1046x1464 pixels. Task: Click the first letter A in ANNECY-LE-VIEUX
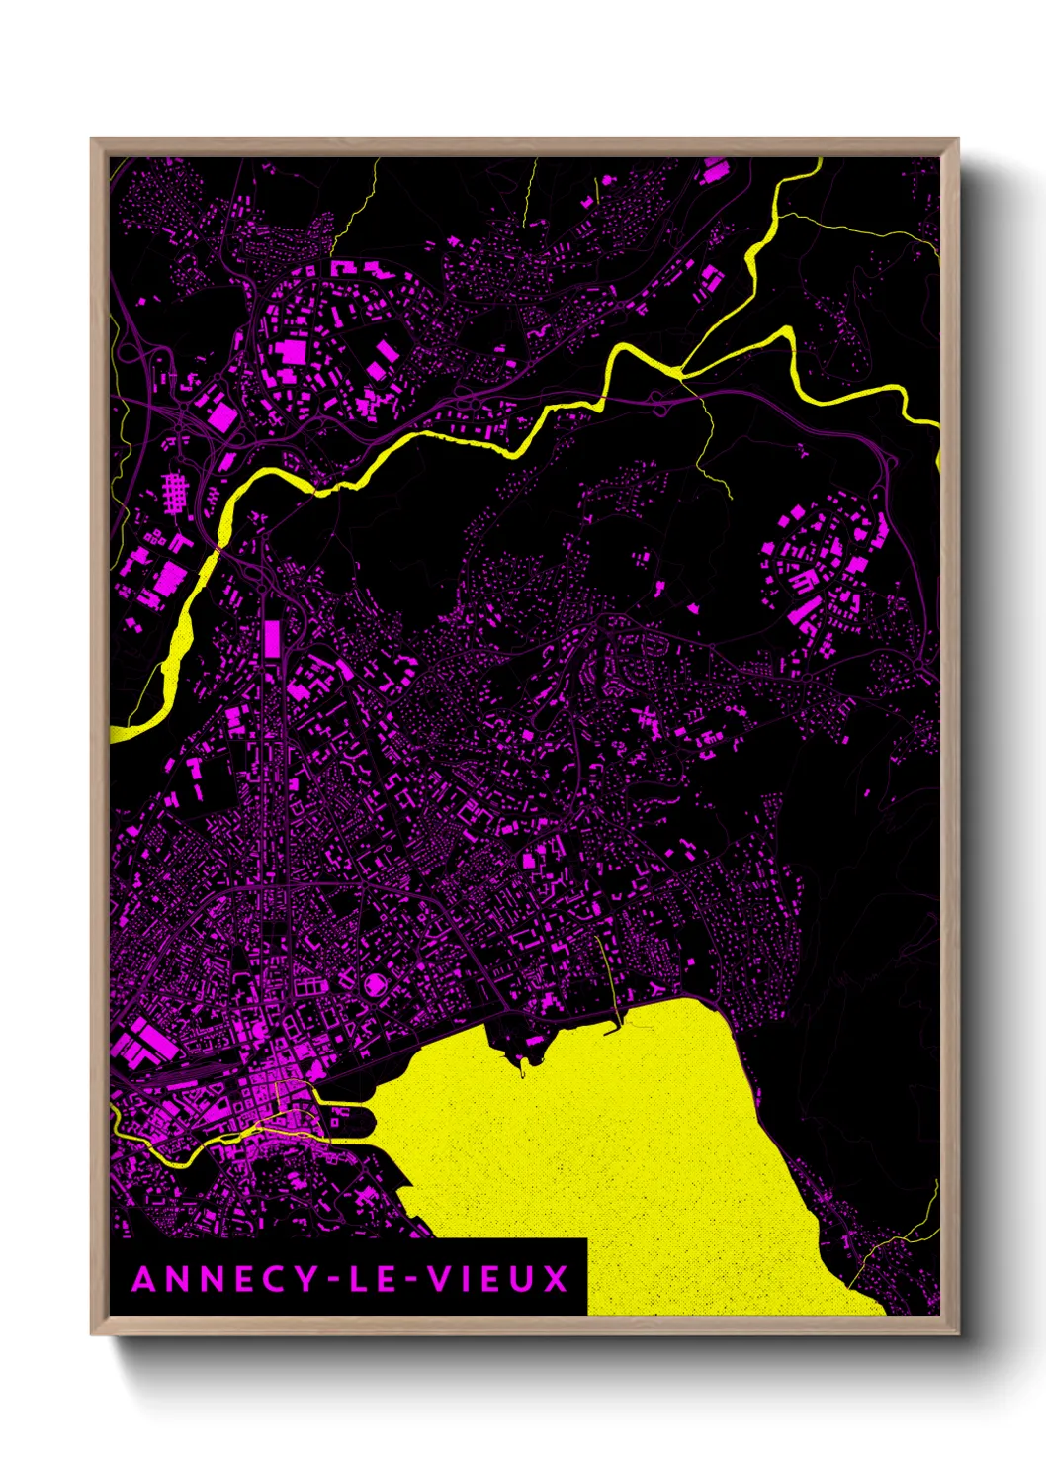click(144, 1280)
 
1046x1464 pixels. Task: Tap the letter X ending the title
click(557, 1280)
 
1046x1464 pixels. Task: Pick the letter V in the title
click(436, 1280)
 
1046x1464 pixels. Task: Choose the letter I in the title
click(463, 1280)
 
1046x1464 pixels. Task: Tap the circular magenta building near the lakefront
click(377, 985)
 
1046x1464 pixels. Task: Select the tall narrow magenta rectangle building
click(271, 639)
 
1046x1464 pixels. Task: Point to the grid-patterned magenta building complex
click(174, 492)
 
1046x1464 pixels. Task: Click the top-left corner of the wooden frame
click(92, 139)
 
